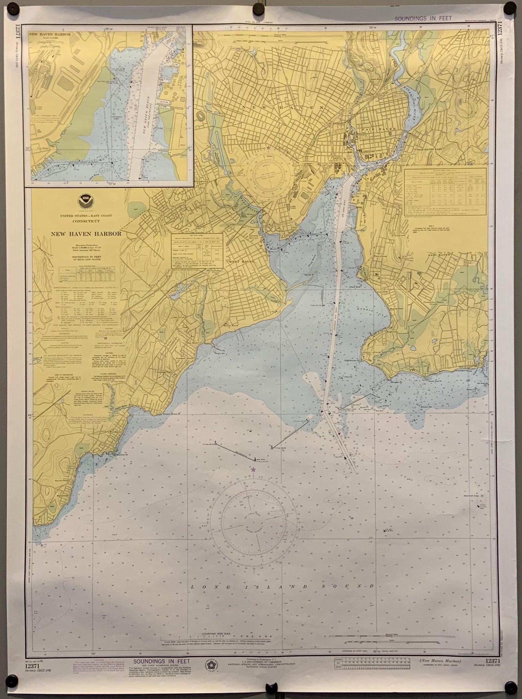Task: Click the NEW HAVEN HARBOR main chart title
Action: click(x=86, y=234)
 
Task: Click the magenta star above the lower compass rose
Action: click(x=253, y=469)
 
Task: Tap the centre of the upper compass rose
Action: click(x=269, y=175)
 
